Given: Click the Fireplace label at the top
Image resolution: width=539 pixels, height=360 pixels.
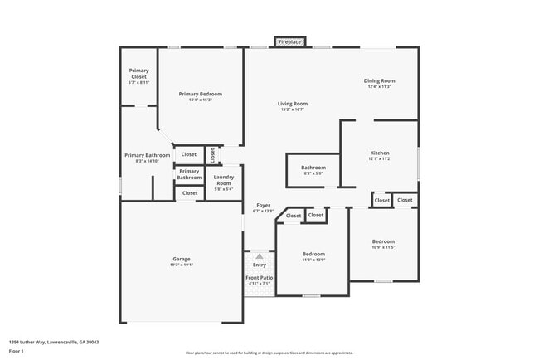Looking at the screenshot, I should coord(290,41).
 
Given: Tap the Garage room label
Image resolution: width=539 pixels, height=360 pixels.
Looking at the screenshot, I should coord(181,259).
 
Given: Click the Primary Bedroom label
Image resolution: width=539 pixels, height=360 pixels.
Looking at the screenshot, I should coord(201,95).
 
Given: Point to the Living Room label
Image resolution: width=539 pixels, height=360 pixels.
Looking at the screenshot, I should coord(293,104).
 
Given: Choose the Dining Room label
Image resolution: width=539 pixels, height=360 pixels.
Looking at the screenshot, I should coord(379,81).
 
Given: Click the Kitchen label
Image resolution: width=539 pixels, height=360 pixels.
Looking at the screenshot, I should coord(379,153).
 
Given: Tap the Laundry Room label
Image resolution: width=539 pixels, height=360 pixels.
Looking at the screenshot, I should coord(224,180).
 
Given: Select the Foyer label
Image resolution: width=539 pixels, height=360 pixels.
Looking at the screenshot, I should coord(263,205).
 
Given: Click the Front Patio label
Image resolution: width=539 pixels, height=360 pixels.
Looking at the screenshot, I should coord(260,278).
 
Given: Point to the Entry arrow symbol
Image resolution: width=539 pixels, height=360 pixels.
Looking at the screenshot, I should coord(260,257).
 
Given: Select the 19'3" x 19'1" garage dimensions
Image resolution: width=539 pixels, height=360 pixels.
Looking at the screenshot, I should coord(181,265).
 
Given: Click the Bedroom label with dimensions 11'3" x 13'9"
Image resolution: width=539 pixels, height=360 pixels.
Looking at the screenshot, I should coord(313,254).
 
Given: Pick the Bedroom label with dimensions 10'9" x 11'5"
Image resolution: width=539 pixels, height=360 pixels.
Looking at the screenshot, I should coord(383,241).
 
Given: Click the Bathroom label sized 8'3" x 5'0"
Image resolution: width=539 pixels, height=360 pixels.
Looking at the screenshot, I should coord(313,168).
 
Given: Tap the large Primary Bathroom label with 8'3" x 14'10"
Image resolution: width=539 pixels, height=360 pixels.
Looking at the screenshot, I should coord(147,155).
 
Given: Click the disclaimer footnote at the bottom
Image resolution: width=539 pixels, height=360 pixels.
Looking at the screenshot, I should coord(269,352).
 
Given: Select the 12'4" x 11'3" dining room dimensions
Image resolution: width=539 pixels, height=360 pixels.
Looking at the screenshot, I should coord(379,87).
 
